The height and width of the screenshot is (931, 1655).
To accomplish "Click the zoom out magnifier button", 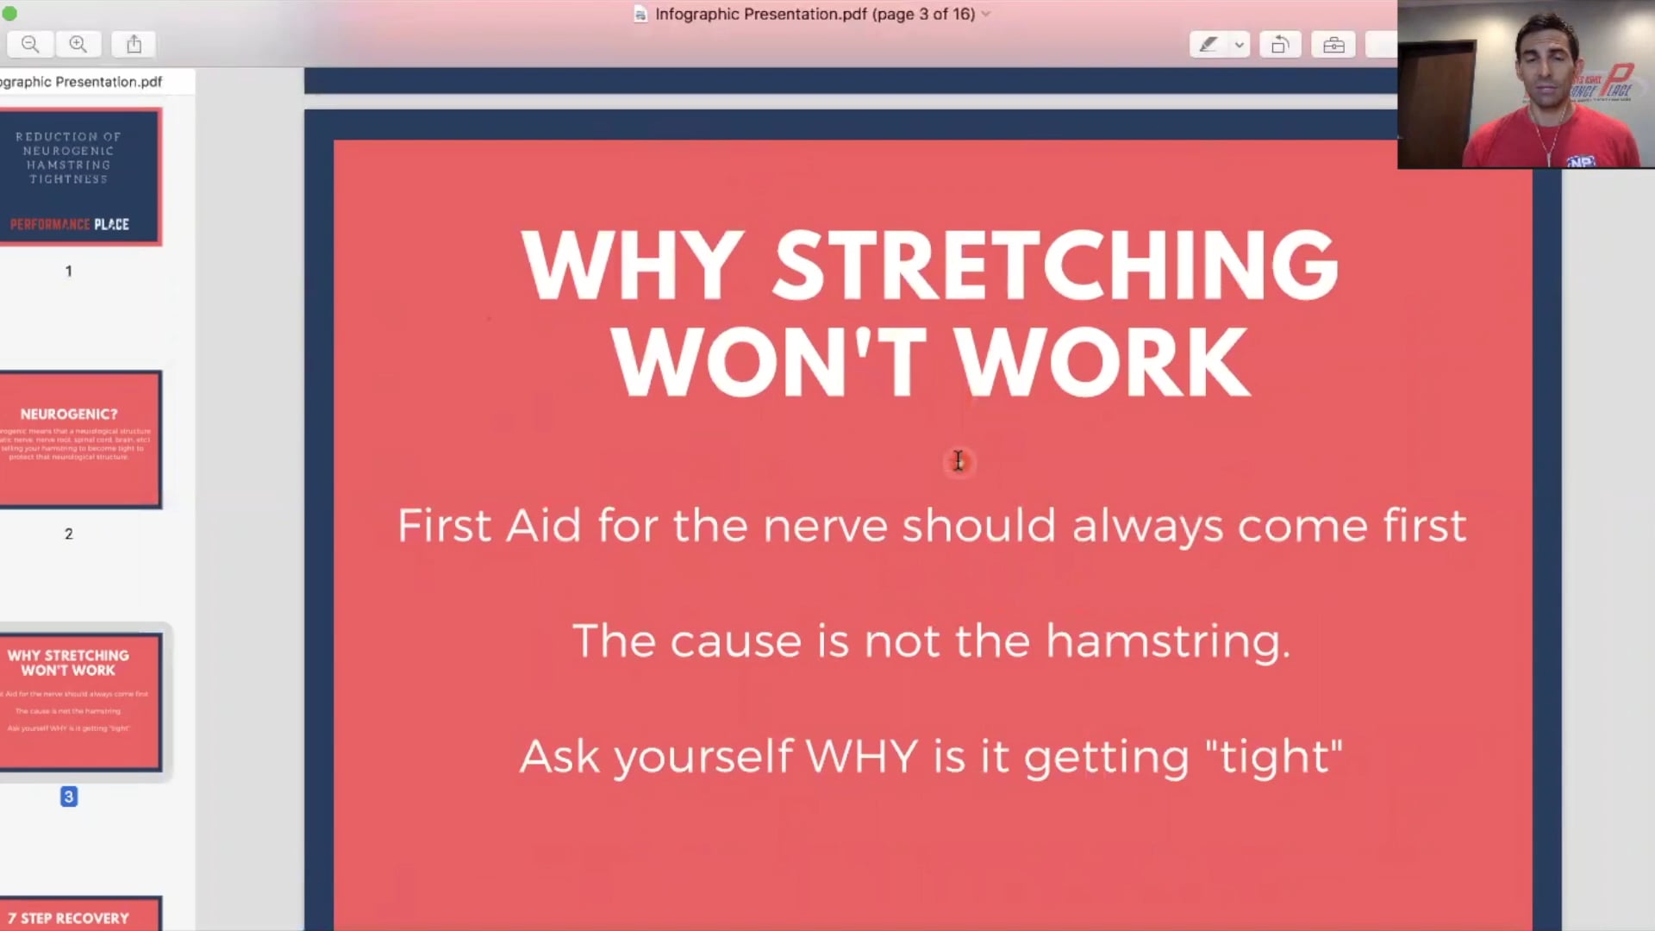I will [x=30, y=44].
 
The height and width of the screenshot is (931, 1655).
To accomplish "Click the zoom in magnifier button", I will [x=78, y=44].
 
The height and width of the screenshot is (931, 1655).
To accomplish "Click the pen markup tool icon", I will [x=1208, y=44].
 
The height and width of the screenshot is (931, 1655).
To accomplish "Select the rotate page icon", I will [x=1280, y=44].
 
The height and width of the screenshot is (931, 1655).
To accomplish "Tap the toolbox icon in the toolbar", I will [x=1333, y=44].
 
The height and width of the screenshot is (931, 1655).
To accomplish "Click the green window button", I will [x=9, y=13].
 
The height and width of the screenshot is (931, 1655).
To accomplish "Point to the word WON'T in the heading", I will [x=769, y=362].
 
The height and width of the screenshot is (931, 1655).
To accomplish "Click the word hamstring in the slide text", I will [x=1168, y=641].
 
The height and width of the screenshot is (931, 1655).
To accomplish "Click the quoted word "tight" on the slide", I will [x=1273, y=757].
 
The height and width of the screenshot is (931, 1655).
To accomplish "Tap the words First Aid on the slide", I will [x=489, y=525].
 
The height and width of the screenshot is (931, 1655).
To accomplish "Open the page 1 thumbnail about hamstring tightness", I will [x=79, y=177].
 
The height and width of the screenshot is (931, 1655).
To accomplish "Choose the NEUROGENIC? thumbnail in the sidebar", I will [x=79, y=440].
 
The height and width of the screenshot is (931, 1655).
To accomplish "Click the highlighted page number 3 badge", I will [x=69, y=797].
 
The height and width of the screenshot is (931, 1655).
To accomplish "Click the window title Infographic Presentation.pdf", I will [x=814, y=14].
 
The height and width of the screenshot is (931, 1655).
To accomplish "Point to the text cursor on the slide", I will [x=959, y=461].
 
